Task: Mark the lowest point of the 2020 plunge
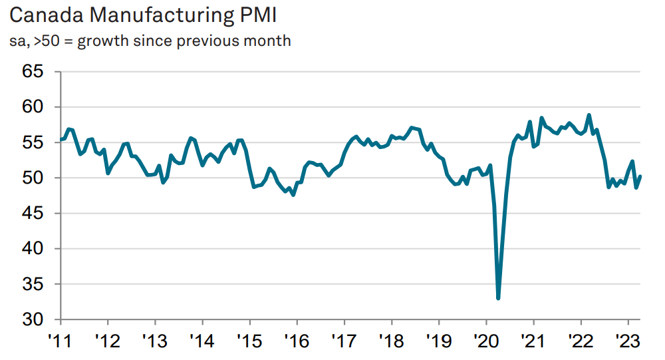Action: tap(498, 298)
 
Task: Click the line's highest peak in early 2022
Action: tap(589, 115)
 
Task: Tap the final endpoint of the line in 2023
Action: tap(640, 176)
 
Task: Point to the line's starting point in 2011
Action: tap(61, 140)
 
